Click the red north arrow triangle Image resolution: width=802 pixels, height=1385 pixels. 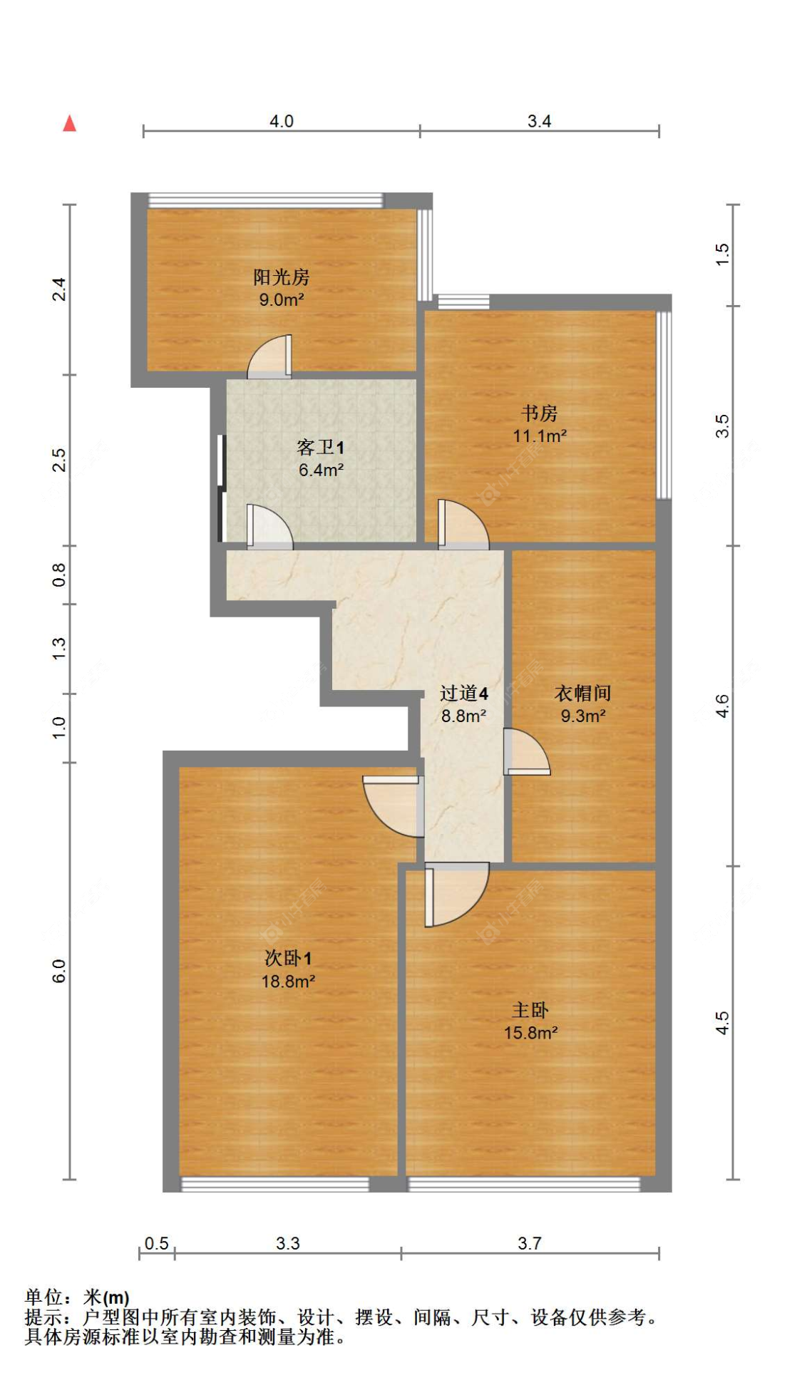(69, 123)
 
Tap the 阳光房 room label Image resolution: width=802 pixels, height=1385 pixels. (281, 277)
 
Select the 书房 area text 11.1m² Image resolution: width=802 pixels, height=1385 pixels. (540, 436)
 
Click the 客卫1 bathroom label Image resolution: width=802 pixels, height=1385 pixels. (320, 448)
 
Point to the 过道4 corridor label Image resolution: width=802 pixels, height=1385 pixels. (463, 693)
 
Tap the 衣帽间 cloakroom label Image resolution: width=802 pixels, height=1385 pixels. (582, 693)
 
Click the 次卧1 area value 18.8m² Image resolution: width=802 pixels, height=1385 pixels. (288, 982)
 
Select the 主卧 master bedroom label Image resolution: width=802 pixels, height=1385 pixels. (530, 1010)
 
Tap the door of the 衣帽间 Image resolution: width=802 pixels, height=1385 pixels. (525, 752)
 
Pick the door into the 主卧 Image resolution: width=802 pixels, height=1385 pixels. (455, 892)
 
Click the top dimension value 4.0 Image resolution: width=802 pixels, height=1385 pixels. (281, 121)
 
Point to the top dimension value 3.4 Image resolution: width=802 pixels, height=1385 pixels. (539, 121)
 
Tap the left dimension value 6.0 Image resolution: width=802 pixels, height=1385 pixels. (58, 971)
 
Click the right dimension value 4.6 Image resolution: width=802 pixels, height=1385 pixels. (722, 706)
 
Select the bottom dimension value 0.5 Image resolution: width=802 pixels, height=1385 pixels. (156, 1244)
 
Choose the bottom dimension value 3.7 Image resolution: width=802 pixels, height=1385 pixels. (529, 1244)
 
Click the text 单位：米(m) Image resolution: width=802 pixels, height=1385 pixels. (77, 1297)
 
